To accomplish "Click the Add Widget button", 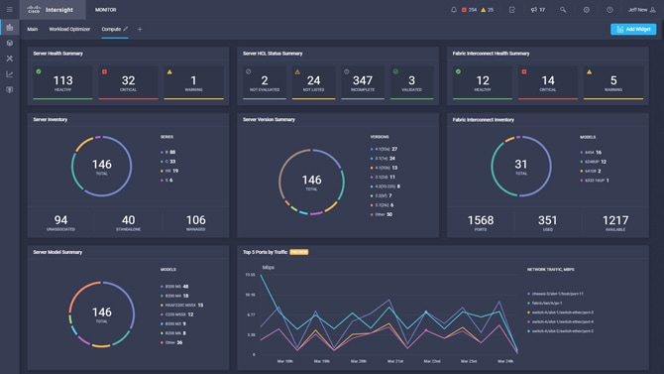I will point(632,29).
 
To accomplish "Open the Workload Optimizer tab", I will point(69,29).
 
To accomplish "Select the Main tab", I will point(33,29).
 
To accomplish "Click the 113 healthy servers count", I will point(62,80).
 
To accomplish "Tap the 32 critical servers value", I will point(128,80).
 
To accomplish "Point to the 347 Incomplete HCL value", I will point(363,80).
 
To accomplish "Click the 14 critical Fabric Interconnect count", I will point(548,80).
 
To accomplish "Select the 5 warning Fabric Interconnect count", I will point(613,80).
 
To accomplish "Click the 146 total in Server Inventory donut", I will point(101,165).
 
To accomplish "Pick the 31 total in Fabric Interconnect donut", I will point(521,165).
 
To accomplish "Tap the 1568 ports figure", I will point(481,220).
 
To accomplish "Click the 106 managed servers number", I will point(195,220).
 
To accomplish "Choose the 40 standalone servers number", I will point(128,220).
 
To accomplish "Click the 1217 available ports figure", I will point(615,220).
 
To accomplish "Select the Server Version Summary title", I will point(269,119).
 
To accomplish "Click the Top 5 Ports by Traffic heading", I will point(265,252).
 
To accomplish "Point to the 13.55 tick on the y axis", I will point(250,275).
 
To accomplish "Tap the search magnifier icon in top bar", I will point(563,10).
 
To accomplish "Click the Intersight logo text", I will point(58,10).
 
